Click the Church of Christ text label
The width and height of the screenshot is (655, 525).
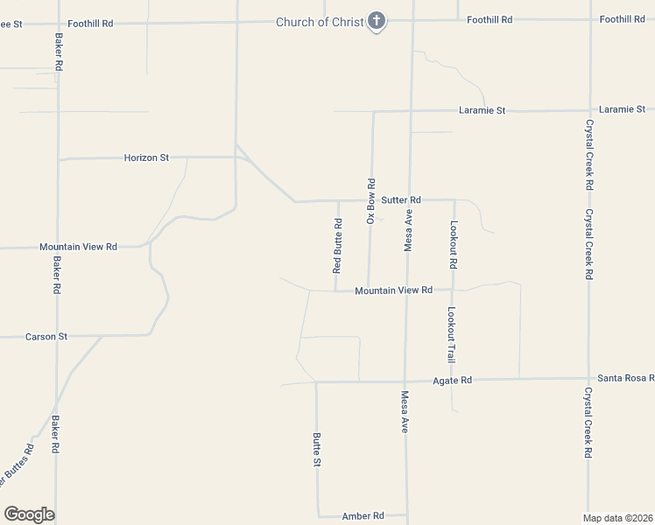320,22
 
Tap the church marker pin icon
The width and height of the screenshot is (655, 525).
377,21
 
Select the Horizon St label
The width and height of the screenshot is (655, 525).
146,157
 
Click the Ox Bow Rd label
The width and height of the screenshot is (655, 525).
371,202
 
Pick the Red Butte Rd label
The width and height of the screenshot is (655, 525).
337,248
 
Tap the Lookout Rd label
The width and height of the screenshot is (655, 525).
454,244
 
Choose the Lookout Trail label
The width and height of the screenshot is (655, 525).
452,335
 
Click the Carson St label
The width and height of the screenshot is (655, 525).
46,336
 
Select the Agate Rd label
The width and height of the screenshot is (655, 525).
453,381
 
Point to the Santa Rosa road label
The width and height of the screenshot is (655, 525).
624,378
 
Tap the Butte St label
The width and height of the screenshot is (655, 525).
317,449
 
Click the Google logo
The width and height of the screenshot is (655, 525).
29,514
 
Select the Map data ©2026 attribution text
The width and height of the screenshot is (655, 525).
617,517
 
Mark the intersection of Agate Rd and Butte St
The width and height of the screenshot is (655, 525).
316,381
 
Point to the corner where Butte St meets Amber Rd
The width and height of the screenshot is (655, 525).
319,515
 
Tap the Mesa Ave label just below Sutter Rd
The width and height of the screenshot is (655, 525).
408,230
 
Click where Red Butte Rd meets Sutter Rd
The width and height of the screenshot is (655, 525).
339,201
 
